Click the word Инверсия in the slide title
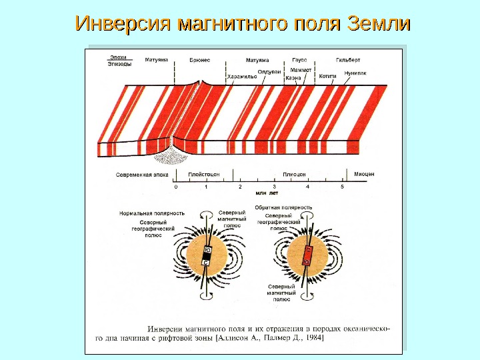pyautogui.click(x=121, y=24)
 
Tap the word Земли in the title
pyautogui.click(x=377, y=24)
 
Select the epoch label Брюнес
pyautogui.click(x=200, y=60)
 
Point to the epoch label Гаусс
pyautogui.click(x=300, y=60)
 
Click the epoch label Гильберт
pyautogui.click(x=348, y=60)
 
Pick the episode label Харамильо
pyautogui.click(x=242, y=77)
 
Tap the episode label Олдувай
pyautogui.click(x=269, y=71)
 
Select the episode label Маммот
pyautogui.click(x=302, y=69)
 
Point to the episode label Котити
pyautogui.click(x=327, y=77)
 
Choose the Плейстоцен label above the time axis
pyautogui.click(x=204, y=174)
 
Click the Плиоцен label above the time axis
pyautogui.click(x=293, y=174)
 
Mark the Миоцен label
pyautogui.click(x=364, y=174)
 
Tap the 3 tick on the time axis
pyautogui.click(x=274, y=187)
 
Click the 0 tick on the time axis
pyautogui.click(x=176, y=187)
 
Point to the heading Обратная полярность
pyautogui.click(x=284, y=207)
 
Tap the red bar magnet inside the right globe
pyautogui.click(x=308, y=256)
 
